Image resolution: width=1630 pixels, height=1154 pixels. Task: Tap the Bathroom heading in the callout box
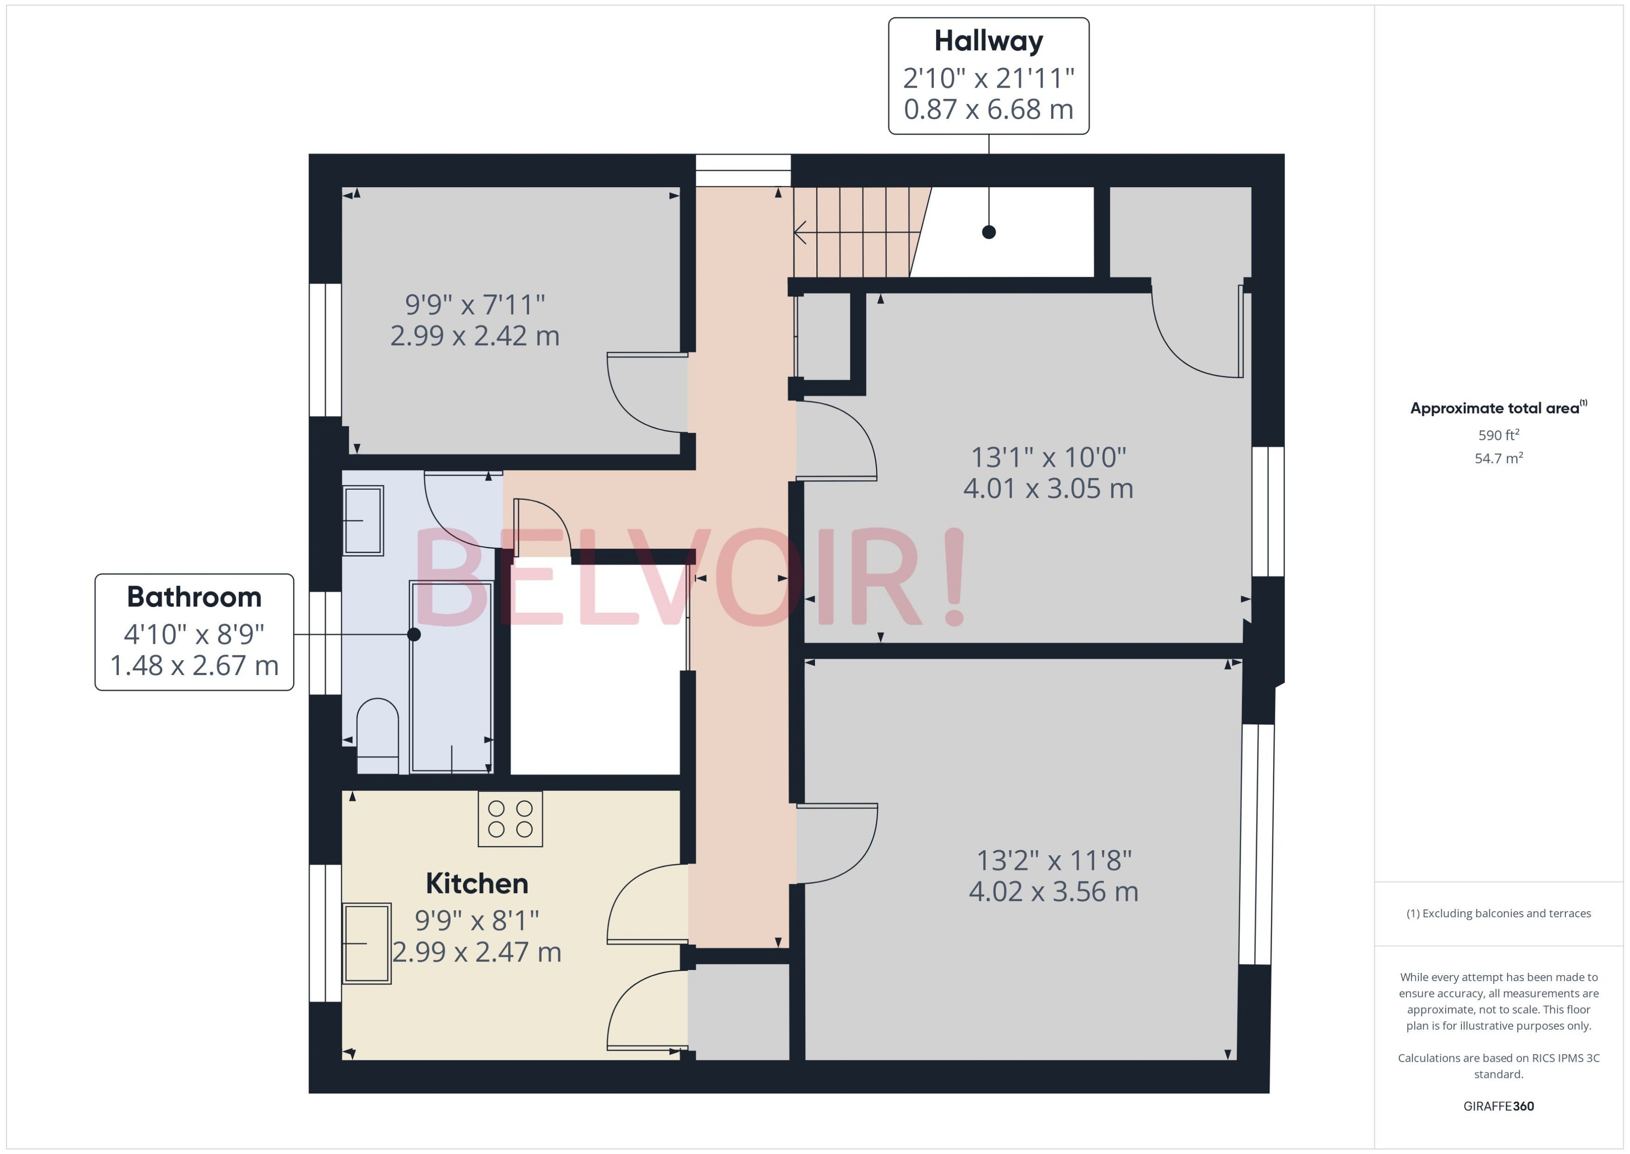(194, 597)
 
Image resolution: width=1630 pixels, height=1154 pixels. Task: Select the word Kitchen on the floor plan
(476, 883)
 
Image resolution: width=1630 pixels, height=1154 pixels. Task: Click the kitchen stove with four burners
(510, 819)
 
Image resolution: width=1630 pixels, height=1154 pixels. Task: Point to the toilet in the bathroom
(377, 736)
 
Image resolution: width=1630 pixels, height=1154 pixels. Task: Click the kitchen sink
(367, 943)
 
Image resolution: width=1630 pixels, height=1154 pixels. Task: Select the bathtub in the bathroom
(451, 676)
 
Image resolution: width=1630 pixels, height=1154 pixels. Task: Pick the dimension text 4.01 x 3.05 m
(1048, 489)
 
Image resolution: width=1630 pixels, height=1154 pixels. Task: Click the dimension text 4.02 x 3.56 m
(1054, 892)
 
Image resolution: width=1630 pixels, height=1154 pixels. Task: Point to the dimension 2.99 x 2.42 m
(475, 335)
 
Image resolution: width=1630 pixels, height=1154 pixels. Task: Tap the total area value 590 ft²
(1499, 435)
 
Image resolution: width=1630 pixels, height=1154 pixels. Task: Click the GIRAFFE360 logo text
(1499, 1106)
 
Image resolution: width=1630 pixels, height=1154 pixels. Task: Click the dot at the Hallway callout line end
(989, 232)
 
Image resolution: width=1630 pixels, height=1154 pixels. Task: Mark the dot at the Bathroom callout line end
(414, 635)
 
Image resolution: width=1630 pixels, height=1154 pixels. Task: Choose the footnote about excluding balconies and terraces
(1499, 914)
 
